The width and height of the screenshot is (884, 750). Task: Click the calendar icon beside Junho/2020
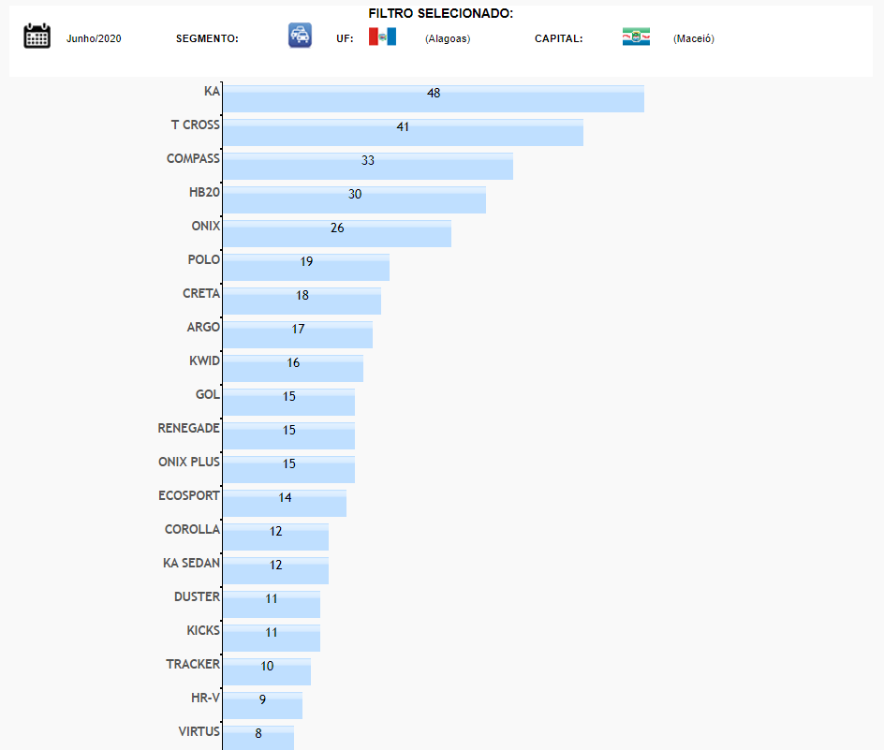pos(37,37)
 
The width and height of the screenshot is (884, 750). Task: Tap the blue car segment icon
pos(300,36)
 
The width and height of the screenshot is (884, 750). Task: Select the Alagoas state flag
pos(382,37)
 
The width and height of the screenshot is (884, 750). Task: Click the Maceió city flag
pos(636,37)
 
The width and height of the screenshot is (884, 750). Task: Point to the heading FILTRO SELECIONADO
pos(440,14)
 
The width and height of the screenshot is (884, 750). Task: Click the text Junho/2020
pos(94,38)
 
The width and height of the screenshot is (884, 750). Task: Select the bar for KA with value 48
pos(433,99)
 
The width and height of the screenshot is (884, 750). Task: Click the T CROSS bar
pos(403,133)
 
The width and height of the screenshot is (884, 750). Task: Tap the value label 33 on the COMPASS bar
pos(368,160)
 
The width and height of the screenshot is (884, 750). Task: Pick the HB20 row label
pos(204,192)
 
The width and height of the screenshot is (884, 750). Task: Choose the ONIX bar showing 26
pos(337,234)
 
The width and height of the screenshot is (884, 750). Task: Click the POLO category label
pos(203,259)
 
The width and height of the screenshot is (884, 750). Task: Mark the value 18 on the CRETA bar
pos(302,295)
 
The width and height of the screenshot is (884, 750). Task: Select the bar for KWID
pos(292,369)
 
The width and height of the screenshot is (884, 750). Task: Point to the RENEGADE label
pos(188,428)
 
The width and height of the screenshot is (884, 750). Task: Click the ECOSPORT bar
pos(284,504)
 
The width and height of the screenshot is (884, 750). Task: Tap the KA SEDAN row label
pos(191,563)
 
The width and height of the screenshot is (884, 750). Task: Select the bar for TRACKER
pos(266,672)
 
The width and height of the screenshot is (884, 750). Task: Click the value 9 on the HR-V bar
pos(263,699)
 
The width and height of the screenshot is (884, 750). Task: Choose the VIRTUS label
pos(199,731)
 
